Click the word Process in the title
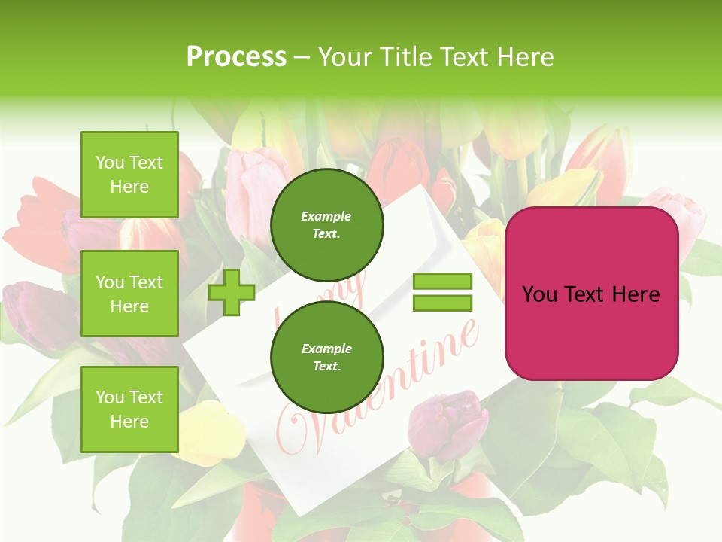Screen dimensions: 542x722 pyautogui.click(x=236, y=57)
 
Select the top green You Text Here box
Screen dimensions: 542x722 pyautogui.click(x=129, y=175)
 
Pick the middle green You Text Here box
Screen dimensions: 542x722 pyautogui.click(x=129, y=294)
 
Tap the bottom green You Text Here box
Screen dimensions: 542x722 pyautogui.click(x=129, y=410)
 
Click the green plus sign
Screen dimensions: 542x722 pyautogui.click(x=232, y=292)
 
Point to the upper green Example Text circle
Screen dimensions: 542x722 pyautogui.click(x=326, y=225)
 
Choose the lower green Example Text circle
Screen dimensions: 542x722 pyautogui.click(x=326, y=358)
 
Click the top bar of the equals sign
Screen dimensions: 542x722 pyautogui.click(x=442, y=282)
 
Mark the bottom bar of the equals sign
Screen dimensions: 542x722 pyautogui.click(x=442, y=303)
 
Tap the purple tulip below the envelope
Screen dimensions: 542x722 pyautogui.click(x=450, y=423)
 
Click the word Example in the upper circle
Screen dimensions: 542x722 pyautogui.click(x=326, y=216)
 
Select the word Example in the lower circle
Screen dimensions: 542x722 pyautogui.click(x=326, y=349)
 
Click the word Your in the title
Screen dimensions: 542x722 pyautogui.click(x=341, y=57)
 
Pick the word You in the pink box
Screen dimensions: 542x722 pyautogui.click(x=538, y=294)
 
